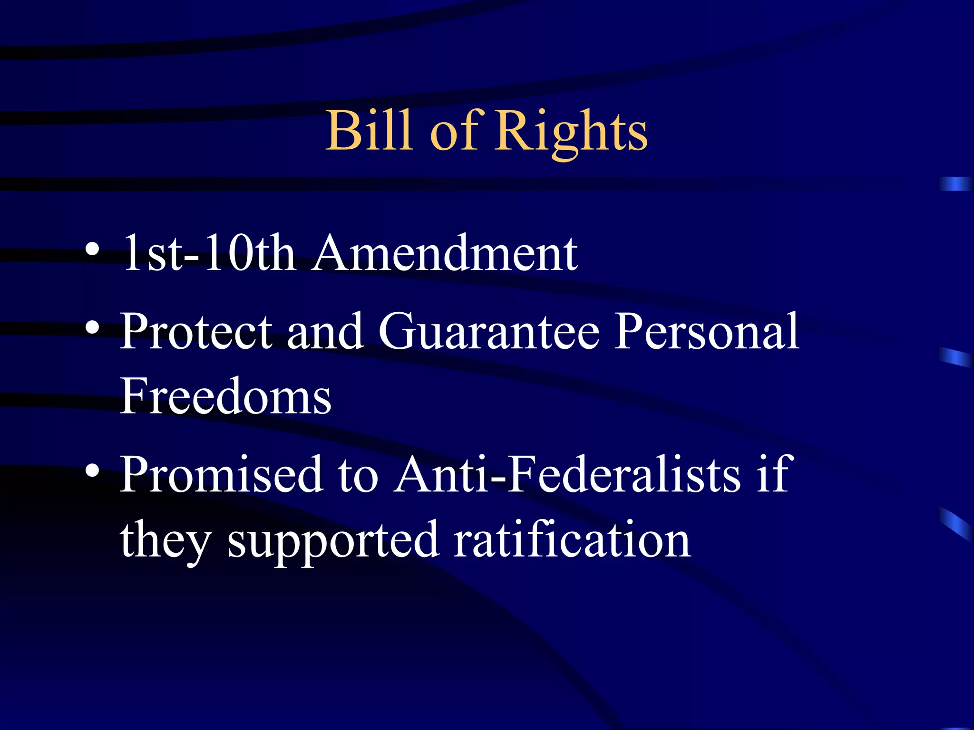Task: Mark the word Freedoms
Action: (225, 396)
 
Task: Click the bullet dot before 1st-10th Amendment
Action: (93, 249)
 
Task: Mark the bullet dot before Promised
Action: (93, 470)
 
